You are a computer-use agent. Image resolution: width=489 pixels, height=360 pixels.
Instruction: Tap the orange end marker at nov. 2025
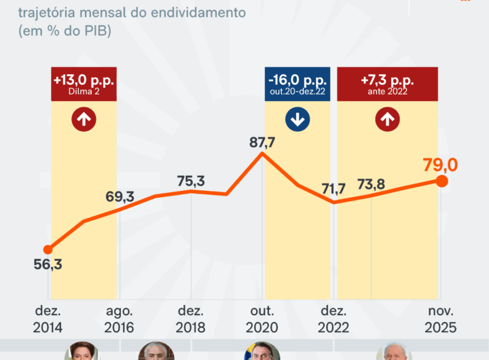tap(441, 181)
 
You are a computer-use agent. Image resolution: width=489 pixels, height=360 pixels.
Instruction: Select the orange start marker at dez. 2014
tap(48, 249)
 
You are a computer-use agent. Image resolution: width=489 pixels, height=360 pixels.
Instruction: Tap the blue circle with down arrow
tap(297, 120)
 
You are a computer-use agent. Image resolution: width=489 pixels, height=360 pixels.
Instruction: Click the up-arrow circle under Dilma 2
tap(84, 120)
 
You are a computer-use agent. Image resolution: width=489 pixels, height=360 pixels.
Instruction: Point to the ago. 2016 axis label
tap(119, 319)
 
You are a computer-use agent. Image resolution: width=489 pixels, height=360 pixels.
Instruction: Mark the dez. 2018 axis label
tap(192, 319)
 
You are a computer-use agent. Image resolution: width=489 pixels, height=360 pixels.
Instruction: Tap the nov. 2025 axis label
tap(441, 319)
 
